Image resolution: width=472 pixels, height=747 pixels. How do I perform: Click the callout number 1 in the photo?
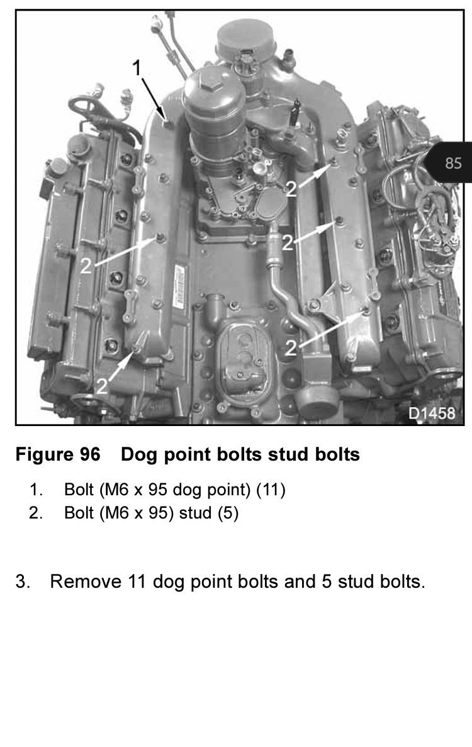pyautogui.click(x=135, y=69)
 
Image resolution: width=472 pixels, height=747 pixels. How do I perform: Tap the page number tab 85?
pyautogui.click(x=452, y=163)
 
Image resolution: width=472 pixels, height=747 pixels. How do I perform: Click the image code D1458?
pyautogui.click(x=431, y=413)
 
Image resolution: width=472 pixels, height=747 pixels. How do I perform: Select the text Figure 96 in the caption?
pyautogui.click(x=57, y=454)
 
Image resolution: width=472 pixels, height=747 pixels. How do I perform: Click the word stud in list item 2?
pyautogui.click(x=195, y=513)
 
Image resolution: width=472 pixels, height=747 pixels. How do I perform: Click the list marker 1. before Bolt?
pyautogui.click(x=36, y=490)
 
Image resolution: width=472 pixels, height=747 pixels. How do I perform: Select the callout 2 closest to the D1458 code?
pyautogui.click(x=291, y=348)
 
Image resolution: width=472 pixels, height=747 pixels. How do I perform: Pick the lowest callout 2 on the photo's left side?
pyautogui.click(x=102, y=385)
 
